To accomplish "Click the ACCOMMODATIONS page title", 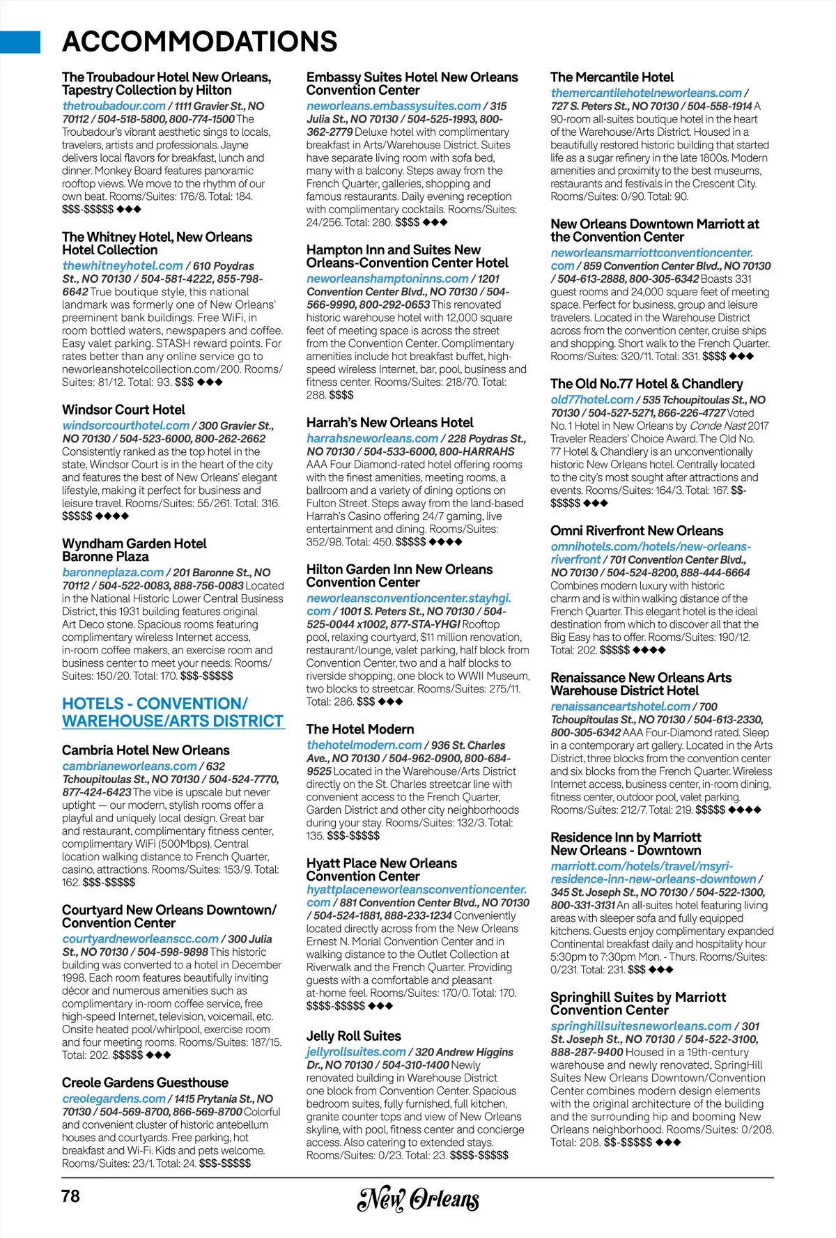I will click(x=199, y=42).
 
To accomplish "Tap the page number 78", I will click(x=71, y=1196).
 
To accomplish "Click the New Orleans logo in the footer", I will click(x=418, y=1199).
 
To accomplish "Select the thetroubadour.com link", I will click(x=114, y=106).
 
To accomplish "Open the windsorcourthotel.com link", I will click(x=125, y=426).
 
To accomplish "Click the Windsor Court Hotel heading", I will click(x=123, y=410).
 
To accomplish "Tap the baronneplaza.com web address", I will click(x=113, y=573).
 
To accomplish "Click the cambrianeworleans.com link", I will click(x=129, y=766).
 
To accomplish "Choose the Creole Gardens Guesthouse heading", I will click(x=145, y=1083).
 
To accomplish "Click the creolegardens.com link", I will click(x=114, y=1099).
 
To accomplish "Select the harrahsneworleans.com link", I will click(x=372, y=439).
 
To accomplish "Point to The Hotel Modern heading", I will click(x=359, y=729).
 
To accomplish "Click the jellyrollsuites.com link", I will click(x=355, y=1052).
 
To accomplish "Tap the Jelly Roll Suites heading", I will click(x=353, y=1036).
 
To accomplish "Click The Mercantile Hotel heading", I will click(x=612, y=77).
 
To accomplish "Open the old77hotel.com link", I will click(x=591, y=400).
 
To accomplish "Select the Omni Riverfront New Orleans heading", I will click(x=637, y=531).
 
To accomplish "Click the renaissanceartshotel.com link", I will click(x=620, y=706).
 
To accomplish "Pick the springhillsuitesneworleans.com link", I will click(x=641, y=1026).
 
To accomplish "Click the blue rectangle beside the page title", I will click(x=20, y=42).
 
